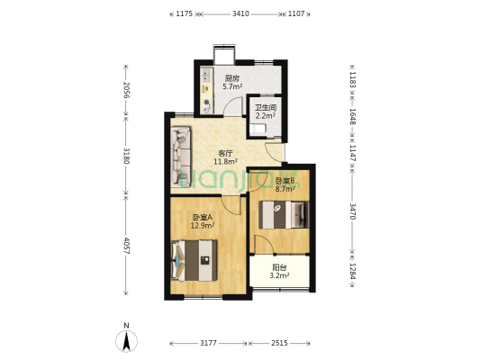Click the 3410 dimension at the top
pos(240,13)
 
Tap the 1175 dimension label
pos(184,13)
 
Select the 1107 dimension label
pos(296,13)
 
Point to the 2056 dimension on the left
pos(126,90)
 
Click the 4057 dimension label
pos(126,246)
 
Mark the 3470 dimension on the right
pos(352,211)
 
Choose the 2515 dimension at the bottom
pos(279,343)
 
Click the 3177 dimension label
pos(208,343)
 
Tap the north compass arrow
pos(126,341)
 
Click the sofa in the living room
pos(181,157)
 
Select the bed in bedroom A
pos(195,261)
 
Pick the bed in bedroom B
pos(284,215)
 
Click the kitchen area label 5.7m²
pos(232,86)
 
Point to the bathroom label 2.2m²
pos(266,116)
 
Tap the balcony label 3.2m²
pos(279,275)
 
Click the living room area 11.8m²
pos(226,161)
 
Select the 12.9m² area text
pos(203,226)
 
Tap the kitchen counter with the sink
pos(206,91)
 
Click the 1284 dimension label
pos(352,271)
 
